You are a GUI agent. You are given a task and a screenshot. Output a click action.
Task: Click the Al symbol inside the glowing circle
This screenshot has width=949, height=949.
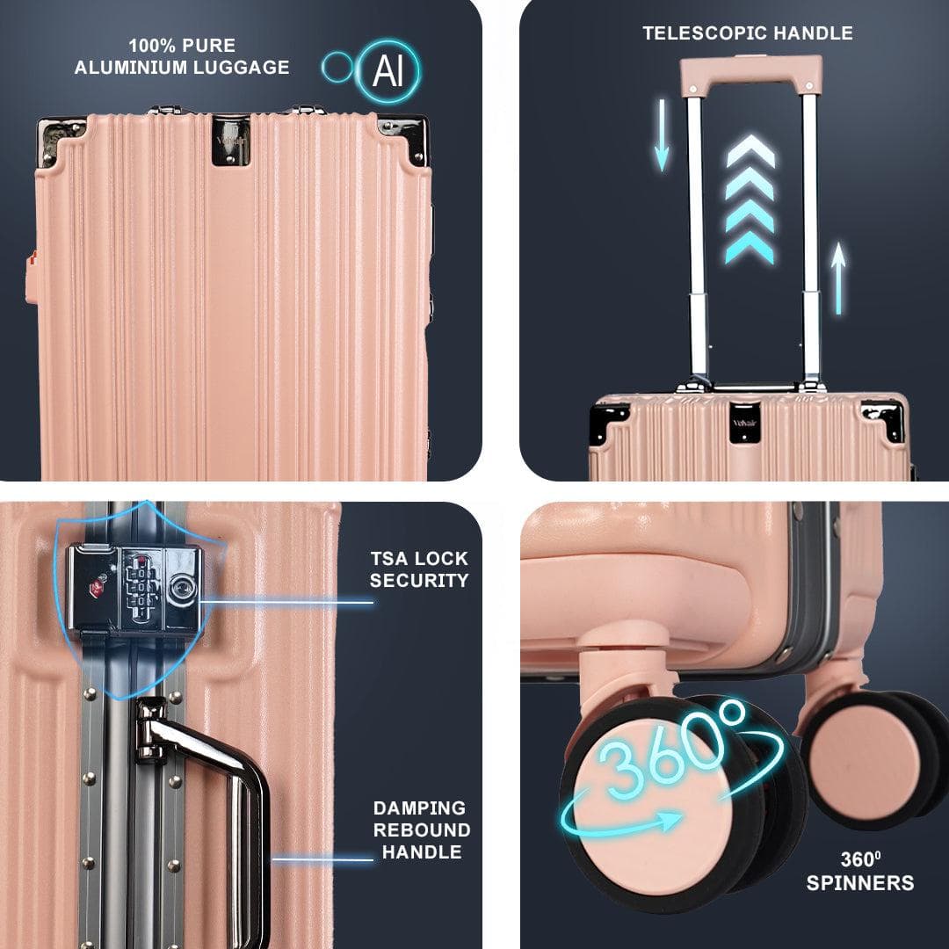pyautogui.click(x=388, y=70)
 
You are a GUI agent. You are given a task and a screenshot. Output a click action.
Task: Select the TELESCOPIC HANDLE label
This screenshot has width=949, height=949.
pyautogui.click(x=748, y=33)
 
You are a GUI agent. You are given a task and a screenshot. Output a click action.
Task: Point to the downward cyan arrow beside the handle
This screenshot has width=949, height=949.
pyautogui.click(x=662, y=135)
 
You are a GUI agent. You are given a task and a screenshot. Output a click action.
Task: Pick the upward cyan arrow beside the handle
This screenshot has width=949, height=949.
pyautogui.click(x=838, y=278)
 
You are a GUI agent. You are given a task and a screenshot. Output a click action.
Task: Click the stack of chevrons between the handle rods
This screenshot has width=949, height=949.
pyautogui.click(x=750, y=199)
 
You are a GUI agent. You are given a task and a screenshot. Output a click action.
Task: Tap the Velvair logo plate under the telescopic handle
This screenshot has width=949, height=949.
pyautogui.click(x=744, y=423)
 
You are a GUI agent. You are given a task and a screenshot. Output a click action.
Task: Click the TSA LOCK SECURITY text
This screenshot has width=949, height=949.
pyautogui.click(x=419, y=569)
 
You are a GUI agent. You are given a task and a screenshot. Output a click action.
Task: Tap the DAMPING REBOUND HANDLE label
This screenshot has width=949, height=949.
pyautogui.click(x=422, y=829)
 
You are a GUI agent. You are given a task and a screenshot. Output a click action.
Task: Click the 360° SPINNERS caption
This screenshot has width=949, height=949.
pyautogui.click(x=860, y=872)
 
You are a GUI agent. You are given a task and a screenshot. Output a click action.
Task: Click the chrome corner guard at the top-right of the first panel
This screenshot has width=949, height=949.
pyautogui.click(x=405, y=137)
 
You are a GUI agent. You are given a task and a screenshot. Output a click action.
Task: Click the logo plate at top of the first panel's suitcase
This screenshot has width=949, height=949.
pyautogui.click(x=230, y=141)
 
